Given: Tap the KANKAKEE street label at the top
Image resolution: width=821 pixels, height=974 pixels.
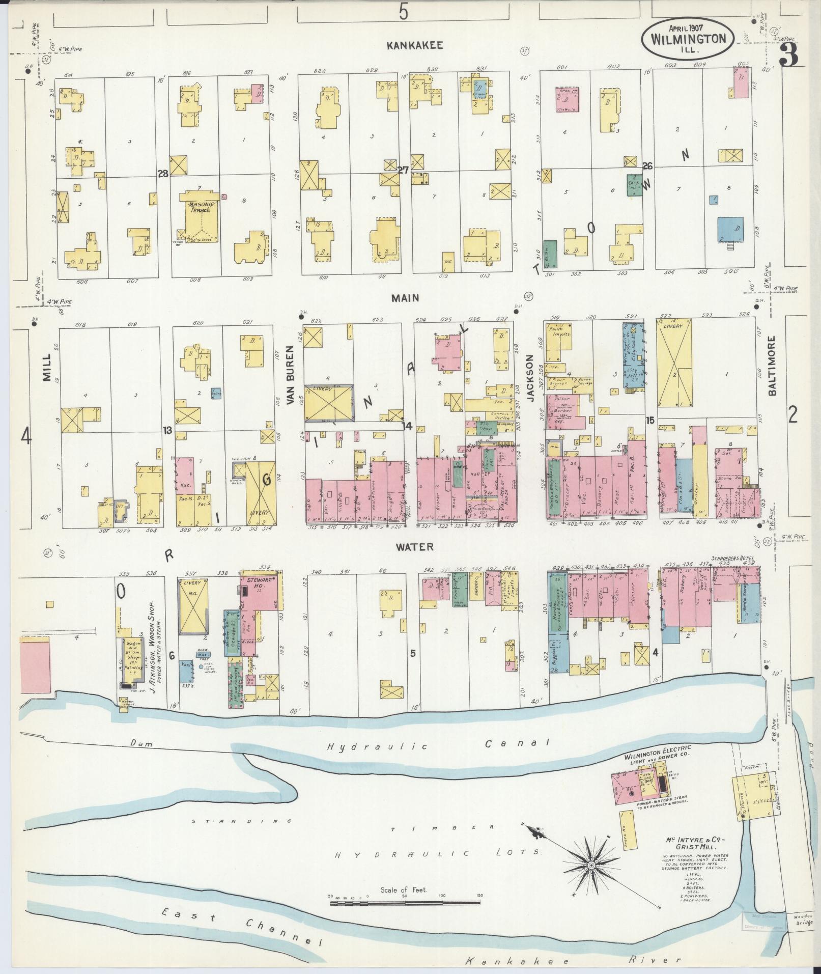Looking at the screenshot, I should click(x=414, y=45).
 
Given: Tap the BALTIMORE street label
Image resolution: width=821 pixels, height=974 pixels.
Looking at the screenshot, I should click(x=772, y=365).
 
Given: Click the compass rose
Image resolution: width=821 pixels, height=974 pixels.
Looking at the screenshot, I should click(x=591, y=866).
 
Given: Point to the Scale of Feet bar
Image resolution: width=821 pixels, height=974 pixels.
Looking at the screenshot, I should click(x=405, y=903).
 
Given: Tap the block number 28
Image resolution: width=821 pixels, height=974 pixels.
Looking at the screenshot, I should click(x=163, y=174).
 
